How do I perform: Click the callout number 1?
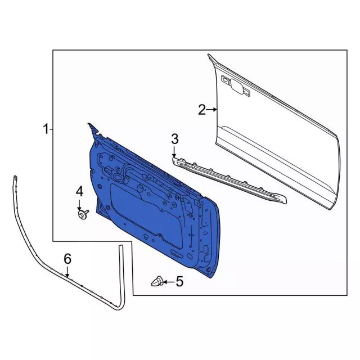pyautogui.click(x=46, y=129)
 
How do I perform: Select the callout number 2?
pyautogui.click(x=202, y=110)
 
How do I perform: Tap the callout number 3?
pyautogui.click(x=174, y=139)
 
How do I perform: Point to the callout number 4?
pyautogui.click(x=79, y=191)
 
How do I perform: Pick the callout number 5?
pyautogui.click(x=179, y=281)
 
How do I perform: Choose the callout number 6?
pyautogui.click(x=67, y=259)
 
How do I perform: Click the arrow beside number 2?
pyautogui.click(x=211, y=110)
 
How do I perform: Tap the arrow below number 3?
pyautogui.click(x=174, y=152)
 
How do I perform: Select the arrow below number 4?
pyautogui.click(x=79, y=205)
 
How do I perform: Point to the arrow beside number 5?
pyautogui.click(x=169, y=282)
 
